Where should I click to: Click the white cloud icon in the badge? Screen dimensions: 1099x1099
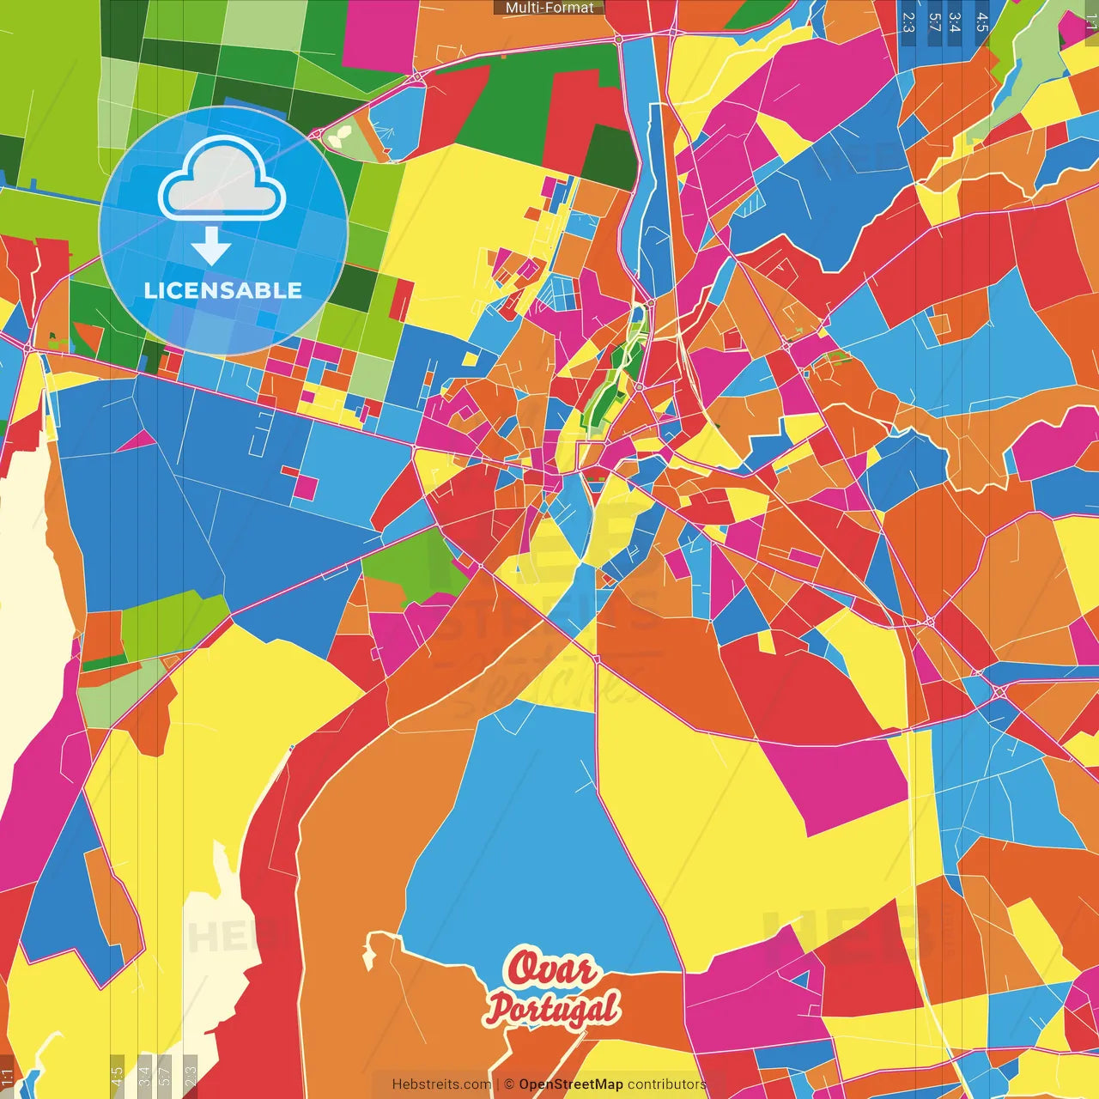(222, 179)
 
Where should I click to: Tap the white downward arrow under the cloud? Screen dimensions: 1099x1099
(211, 246)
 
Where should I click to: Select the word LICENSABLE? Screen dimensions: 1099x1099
(223, 290)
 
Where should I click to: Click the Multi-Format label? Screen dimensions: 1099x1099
(549, 8)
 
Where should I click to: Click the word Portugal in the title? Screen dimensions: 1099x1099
(553, 1009)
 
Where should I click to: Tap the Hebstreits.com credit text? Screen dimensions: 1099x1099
(441, 1084)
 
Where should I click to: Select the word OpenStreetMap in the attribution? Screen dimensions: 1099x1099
(571, 1084)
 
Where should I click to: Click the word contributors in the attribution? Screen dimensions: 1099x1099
(666, 1084)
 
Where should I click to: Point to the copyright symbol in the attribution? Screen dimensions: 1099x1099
(509, 1084)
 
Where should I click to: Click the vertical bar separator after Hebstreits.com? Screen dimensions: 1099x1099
(497, 1084)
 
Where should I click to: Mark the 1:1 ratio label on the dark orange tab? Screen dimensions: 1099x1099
(7, 1077)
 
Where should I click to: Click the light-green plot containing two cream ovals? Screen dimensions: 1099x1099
(340, 136)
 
